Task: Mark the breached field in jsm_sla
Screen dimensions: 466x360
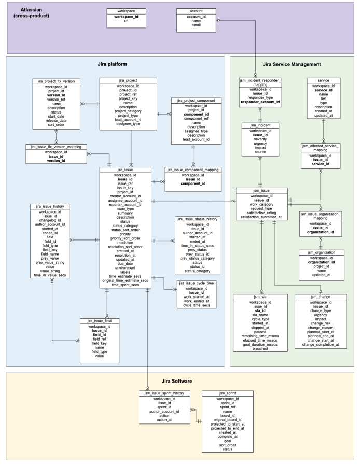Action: [260, 349]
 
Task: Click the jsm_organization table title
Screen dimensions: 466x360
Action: [320, 252]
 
